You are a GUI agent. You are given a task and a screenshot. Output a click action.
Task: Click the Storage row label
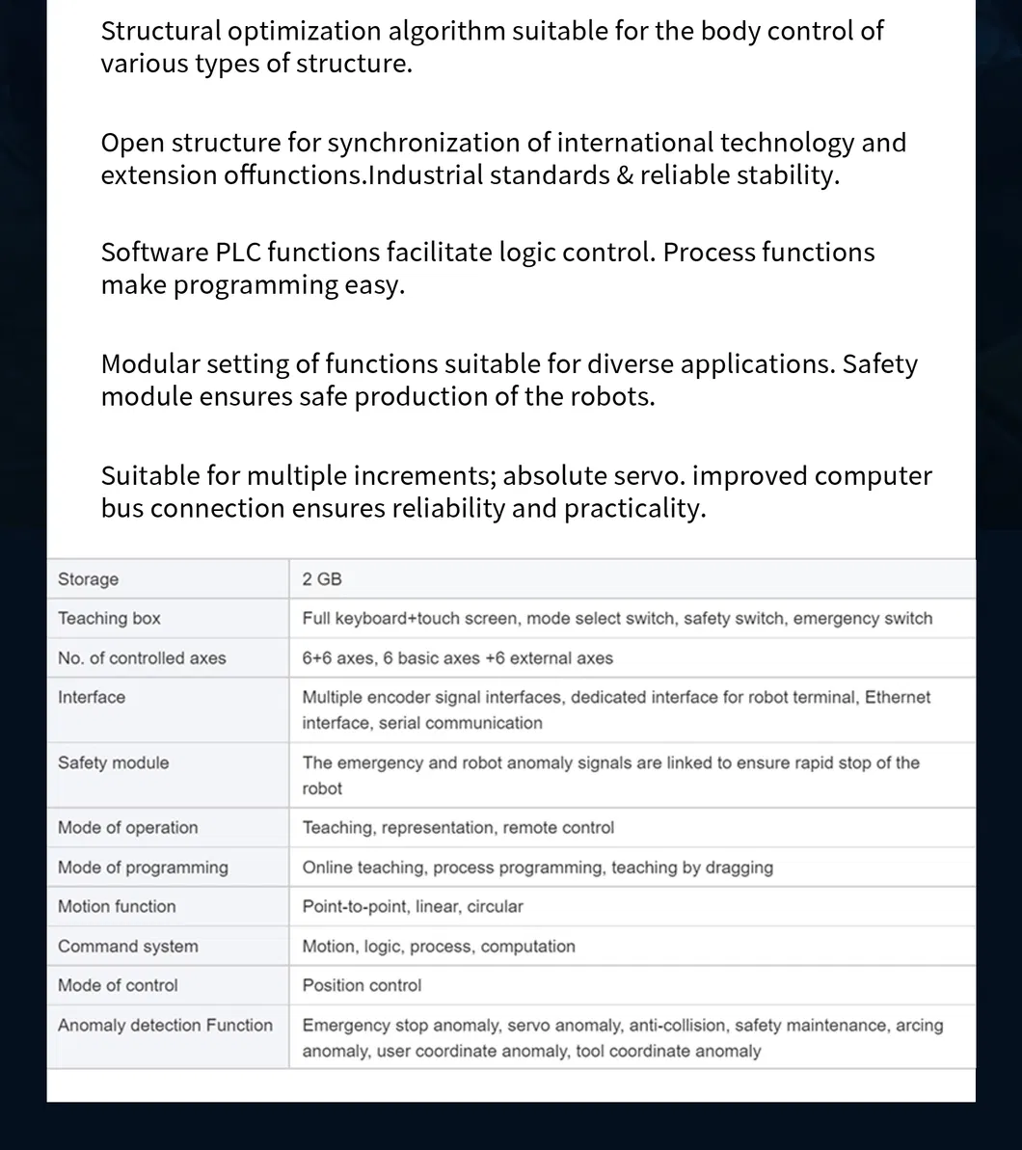pos(89,579)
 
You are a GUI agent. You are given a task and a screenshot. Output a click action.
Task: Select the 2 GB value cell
pos(322,579)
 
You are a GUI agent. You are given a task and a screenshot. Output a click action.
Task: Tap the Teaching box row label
pos(109,619)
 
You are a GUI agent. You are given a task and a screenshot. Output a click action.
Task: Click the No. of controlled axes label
pos(142,658)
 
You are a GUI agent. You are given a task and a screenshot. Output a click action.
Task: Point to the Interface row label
pos(92,697)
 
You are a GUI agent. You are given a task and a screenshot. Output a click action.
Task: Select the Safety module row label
pos(113,762)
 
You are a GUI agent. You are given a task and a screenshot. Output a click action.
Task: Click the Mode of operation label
pos(127,828)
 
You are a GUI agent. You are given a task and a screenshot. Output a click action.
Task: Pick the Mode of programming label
pos(143,868)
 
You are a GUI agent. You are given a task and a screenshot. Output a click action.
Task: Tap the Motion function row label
pos(117,907)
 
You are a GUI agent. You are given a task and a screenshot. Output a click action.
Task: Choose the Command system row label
pos(128,947)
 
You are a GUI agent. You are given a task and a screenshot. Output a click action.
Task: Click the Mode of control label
pos(118,986)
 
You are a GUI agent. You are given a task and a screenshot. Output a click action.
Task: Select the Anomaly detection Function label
pos(165,1026)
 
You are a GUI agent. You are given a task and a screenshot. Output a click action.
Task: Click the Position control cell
pos(362,986)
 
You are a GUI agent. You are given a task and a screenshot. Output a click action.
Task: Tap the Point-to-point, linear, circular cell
pos(413,907)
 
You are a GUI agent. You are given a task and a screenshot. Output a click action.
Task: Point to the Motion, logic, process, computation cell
pos(439,947)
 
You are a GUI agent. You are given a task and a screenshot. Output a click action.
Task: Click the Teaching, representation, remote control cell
pos(458,828)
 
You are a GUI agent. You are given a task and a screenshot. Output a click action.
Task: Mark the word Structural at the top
pos(161,31)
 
